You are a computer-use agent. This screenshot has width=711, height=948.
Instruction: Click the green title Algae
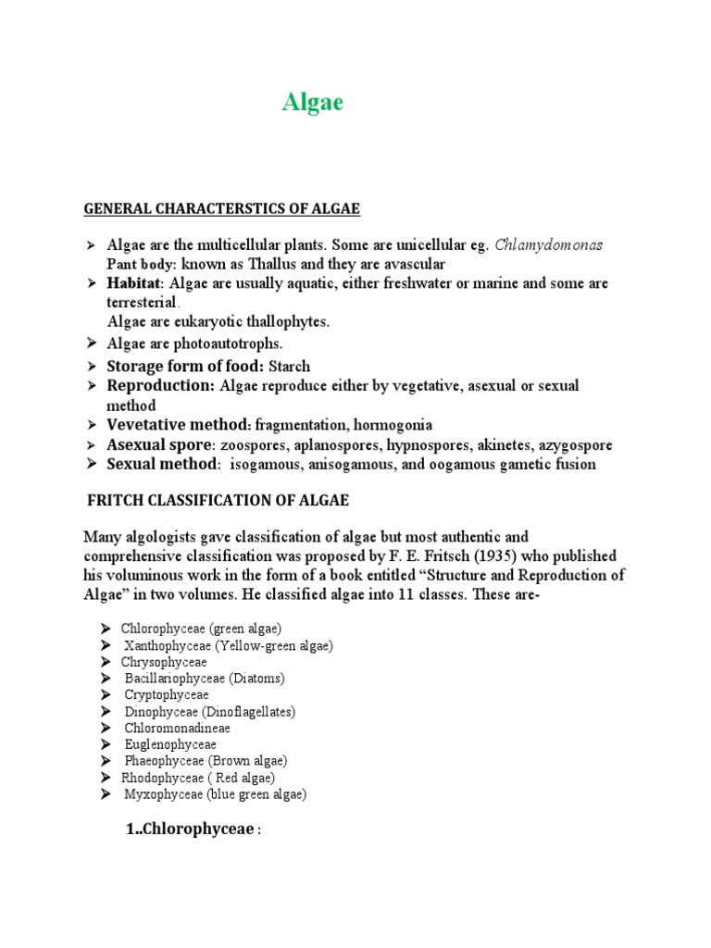pyautogui.click(x=313, y=103)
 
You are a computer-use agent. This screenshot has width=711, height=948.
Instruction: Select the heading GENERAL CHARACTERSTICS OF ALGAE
pyautogui.click(x=221, y=209)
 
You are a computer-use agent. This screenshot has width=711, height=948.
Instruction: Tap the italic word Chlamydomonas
pyautogui.click(x=549, y=245)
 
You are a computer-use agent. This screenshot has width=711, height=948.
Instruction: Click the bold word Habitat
pyautogui.click(x=134, y=283)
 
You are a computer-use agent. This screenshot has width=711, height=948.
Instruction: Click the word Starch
pyautogui.click(x=289, y=367)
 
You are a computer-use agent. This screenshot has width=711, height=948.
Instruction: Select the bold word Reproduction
pyautogui.click(x=160, y=386)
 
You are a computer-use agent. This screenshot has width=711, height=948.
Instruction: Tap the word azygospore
pyautogui.click(x=572, y=445)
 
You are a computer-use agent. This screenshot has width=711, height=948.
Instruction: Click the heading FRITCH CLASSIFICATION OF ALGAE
pyautogui.click(x=218, y=501)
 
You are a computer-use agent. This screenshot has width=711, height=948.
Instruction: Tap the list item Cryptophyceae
pyautogui.click(x=167, y=695)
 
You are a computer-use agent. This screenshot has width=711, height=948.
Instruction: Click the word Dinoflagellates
pyautogui.click(x=249, y=712)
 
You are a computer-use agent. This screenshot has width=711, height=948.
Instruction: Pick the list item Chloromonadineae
pyautogui.click(x=178, y=729)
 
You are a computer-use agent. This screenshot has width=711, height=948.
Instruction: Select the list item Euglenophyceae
pyautogui.click(x=170, y=745)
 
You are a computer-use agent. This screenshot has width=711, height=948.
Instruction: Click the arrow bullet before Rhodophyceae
pyautogui.click(x=106, y=779)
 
